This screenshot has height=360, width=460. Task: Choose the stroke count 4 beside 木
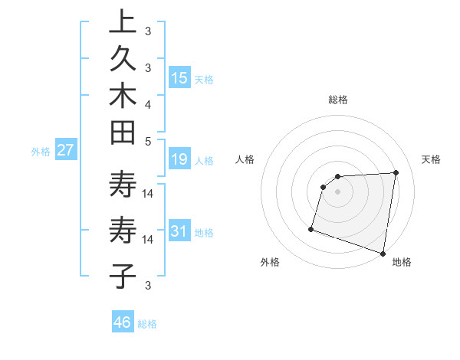coord(147,103)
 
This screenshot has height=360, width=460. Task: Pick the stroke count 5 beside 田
coord(147,141)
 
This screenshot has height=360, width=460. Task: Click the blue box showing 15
coord(179,78)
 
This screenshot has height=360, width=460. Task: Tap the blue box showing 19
coord(179,159)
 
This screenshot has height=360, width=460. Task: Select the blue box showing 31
coord(179,231)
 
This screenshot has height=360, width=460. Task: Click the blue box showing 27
coord(65,150)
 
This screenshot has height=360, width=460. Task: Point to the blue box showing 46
coord(122,322)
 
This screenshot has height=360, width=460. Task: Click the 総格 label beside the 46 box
coord(147,324)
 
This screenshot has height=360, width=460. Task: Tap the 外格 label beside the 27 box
coord(41,152)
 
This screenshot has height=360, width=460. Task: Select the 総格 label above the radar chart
coord(337,100)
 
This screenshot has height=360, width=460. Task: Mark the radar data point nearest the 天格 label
coord(396,173)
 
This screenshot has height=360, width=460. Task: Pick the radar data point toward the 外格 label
coord(311,228)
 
